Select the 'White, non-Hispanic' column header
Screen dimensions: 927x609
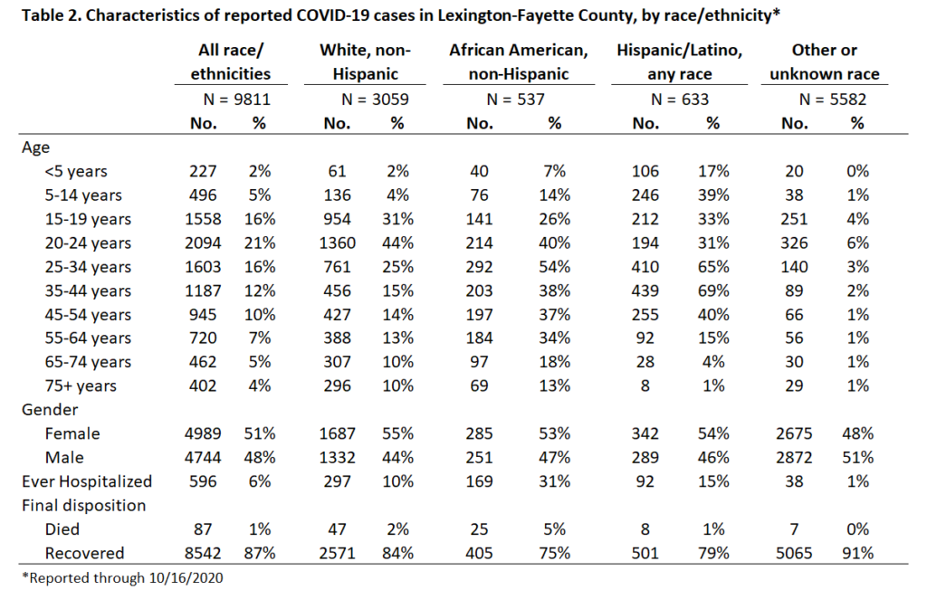(366, 62)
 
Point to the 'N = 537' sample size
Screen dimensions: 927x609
(515, 100)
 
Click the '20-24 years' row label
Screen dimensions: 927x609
(88, 243)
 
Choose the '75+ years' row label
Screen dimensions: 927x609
(81, 386)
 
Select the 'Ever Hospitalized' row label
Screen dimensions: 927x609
(87, 481)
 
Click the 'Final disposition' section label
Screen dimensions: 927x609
(84, 506)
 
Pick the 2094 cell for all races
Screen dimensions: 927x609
(203, 243)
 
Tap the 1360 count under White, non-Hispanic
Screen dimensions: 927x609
(338, 243)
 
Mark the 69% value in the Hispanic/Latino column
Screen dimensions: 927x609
(713, 290)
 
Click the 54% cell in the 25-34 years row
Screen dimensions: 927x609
(555, 267)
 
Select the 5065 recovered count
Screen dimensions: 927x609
(794, 554)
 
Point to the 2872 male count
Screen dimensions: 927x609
(794, 458)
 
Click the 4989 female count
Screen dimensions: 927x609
(203, 433)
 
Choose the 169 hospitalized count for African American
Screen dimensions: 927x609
(479, 481)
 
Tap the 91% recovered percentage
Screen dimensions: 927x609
(858, 554)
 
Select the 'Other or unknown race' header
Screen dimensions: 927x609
(824, 62)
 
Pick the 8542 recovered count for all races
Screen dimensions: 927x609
(203, 554)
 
